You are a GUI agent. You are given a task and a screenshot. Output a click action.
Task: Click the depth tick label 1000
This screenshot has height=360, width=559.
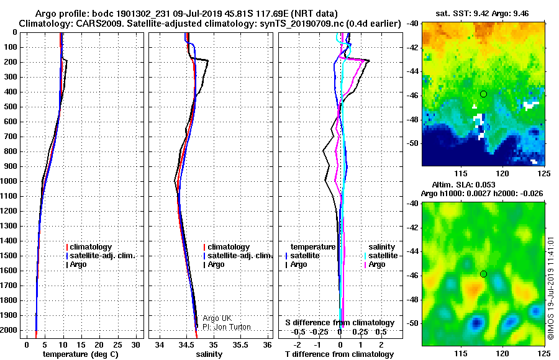[x=9, y=181]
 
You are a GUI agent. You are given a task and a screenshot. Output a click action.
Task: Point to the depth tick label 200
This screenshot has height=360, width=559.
[x=11, y=62]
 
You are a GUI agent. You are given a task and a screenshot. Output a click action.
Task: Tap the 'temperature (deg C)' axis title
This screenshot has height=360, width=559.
[x=81, y=354]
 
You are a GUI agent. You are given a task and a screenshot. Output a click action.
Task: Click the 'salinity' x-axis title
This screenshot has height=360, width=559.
[x=209, y=354]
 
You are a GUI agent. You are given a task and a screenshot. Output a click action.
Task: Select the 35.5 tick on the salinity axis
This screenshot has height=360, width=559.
[x=240, y=345]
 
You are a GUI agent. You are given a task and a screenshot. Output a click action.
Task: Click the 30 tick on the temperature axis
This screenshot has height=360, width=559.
[x=135, y=345]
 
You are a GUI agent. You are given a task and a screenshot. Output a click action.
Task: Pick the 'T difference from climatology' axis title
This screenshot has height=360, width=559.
[x=339, y=354]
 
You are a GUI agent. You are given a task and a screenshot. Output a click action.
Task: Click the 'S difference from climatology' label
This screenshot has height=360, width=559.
[x=340, y=323]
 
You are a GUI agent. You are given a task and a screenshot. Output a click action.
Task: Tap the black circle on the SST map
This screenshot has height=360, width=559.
[x=483, y=94]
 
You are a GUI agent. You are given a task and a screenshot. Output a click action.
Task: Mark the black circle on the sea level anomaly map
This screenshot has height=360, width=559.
[x=483, y=274]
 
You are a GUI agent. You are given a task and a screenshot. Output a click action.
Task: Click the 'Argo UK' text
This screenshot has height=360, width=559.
[x=217, y=318]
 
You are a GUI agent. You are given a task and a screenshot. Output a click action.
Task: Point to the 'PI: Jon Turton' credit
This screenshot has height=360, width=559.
[x=227, y=327]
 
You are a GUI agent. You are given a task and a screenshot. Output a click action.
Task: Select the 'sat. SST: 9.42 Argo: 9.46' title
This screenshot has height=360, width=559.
[x=482, y=14]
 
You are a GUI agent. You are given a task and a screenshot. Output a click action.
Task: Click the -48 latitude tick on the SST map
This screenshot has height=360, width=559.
[x=412, y=119]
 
